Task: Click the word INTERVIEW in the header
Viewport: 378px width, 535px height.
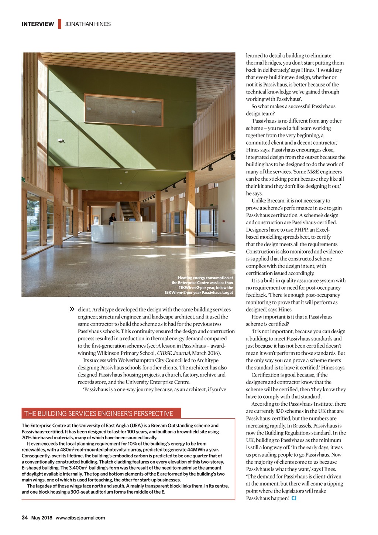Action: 38,24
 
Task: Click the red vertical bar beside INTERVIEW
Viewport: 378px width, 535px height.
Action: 59,24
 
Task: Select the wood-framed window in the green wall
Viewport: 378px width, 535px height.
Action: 123,110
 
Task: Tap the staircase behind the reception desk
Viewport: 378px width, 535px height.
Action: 127,211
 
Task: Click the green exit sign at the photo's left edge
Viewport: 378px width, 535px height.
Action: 23,180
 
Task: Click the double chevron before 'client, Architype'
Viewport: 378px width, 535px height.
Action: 72,309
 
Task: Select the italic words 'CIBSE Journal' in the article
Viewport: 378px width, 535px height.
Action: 173,353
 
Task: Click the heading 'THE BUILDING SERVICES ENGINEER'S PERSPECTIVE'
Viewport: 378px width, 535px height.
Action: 99,413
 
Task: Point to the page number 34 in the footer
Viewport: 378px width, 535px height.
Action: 25,518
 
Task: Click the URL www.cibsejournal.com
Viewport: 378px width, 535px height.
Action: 80,518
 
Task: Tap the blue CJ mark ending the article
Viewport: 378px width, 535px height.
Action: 294,498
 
